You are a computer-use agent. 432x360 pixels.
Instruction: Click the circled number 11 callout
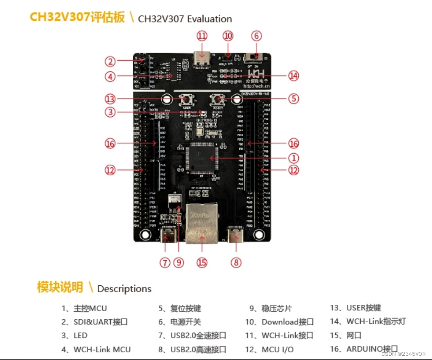point(202,36)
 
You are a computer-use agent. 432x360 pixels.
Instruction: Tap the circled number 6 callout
point(256,36)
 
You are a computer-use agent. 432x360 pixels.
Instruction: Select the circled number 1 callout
point(293,158)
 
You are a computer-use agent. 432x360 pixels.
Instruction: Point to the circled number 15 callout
point(202,263)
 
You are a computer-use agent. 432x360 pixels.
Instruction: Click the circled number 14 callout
point(293,76)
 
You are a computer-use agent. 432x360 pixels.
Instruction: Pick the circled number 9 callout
point(179,263)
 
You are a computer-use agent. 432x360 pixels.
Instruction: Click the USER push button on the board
point(185,100)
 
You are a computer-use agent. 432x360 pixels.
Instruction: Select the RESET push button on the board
point(218,100)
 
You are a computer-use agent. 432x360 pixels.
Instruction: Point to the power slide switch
point(254,57)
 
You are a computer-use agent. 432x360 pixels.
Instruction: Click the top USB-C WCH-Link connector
point(202,58)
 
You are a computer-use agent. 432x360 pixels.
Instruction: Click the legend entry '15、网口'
point(345,335)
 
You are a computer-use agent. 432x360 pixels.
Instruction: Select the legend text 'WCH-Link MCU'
point(102,349)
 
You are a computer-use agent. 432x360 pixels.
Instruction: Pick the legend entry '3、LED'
point(74,335)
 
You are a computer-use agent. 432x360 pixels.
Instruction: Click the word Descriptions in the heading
point(124,289)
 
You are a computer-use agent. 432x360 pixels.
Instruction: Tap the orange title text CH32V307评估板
point(77,17)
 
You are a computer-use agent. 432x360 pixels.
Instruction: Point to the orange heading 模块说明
point(60,287)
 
